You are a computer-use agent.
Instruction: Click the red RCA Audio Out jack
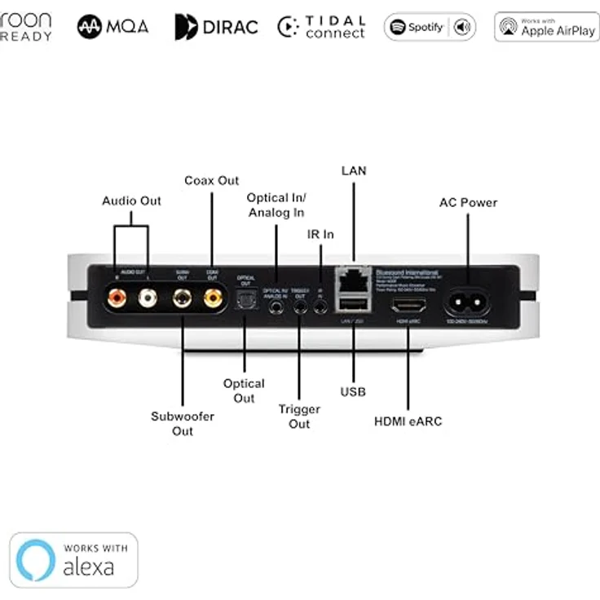115,299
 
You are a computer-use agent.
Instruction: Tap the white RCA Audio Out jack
148,299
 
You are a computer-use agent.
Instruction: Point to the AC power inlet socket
467,302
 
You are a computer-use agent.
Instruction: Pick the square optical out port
245,302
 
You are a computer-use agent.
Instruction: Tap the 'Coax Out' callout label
211,180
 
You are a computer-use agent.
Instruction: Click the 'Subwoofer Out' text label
183,423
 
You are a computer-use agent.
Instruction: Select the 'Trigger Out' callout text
299,417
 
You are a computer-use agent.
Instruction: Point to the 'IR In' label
320,234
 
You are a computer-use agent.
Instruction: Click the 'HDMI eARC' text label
408,421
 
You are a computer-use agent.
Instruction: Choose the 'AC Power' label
468,202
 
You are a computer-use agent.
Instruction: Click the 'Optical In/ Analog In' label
276,205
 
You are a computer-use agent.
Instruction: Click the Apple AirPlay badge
546,27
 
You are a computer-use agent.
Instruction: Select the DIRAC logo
216,27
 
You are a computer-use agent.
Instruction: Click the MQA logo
113,27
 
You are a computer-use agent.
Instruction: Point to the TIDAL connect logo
321,27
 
